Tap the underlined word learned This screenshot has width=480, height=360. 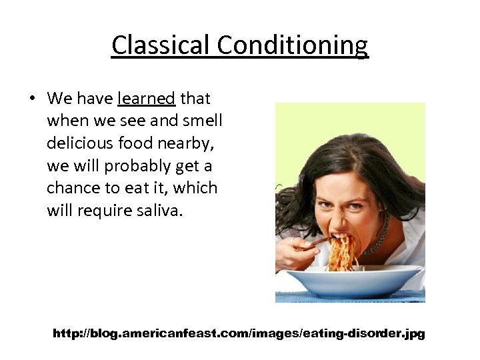[x=146, y=99]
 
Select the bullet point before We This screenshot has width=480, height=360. [x=31, y=99]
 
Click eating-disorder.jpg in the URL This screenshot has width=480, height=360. [x=364, y=333]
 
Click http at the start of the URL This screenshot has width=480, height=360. [x=66, y=333]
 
